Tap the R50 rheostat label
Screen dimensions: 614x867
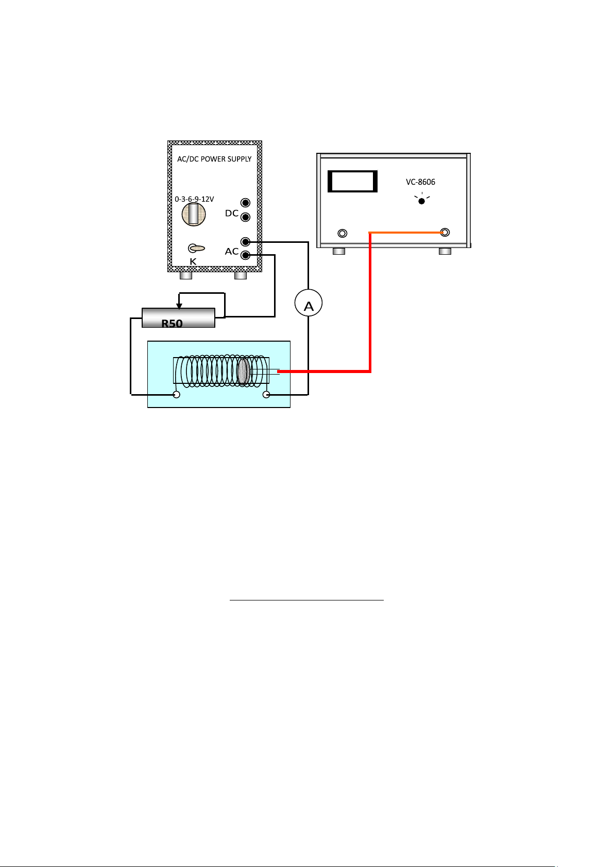172,323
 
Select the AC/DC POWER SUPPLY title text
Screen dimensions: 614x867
214,159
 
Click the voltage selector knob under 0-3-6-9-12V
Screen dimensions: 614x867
194,214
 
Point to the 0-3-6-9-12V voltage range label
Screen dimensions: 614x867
194,199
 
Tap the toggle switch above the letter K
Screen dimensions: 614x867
196,248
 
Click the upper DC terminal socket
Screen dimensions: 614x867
245,202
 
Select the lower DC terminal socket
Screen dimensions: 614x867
245,217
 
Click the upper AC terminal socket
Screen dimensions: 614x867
245,242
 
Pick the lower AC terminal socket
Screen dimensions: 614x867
245,255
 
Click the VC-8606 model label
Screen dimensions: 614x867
420,182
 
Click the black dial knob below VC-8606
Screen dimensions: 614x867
421,201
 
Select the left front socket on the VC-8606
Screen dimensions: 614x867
343,233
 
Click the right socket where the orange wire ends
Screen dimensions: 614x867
445,232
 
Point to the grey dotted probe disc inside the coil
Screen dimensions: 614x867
243,372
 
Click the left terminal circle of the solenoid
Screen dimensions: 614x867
176,395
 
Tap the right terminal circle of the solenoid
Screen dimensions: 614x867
266,395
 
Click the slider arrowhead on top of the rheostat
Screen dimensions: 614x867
179,306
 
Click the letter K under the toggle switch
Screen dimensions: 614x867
193,262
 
